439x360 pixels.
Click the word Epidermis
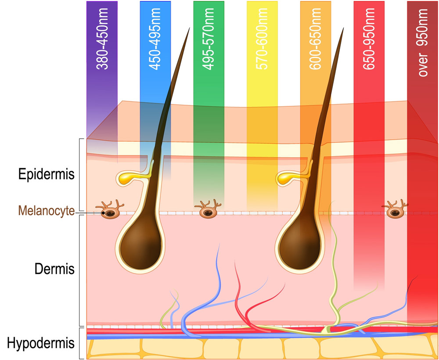coord(46,174)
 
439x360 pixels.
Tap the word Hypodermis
coord(40,342)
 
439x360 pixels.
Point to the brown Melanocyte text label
coord(46,211)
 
